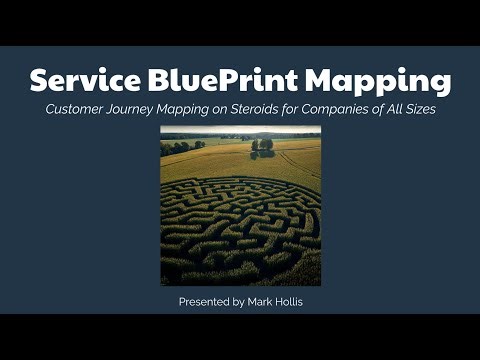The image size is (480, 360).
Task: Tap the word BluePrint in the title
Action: pos(221,79)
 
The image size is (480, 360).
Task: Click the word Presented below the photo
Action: pos(208,301)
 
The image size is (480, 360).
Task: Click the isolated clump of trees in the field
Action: pos(263,145)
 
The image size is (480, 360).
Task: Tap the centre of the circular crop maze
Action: pos(232,228)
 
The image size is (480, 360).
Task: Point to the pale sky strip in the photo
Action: pos(240,130)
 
